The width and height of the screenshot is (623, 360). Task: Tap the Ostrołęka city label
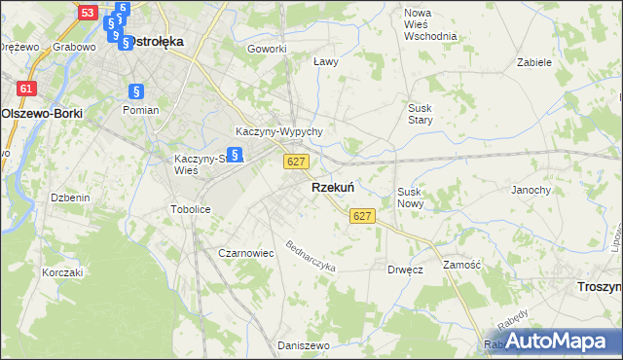coord(152,42)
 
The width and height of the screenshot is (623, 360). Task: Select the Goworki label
coord(267,49)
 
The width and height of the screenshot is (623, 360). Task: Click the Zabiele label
coord(534,61)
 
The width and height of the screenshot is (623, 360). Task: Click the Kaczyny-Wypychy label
coord(279,131)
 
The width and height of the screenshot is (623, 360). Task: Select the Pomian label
coord(140,110)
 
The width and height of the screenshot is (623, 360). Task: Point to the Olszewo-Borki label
coord(42,113)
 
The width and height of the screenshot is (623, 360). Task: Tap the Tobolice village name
coord(191,209)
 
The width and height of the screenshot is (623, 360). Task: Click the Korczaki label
coord(61,272)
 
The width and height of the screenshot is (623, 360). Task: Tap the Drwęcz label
coord(405,270)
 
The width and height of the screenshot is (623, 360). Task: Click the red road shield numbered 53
coord(89,13)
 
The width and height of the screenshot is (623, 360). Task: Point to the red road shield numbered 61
coord(26,89)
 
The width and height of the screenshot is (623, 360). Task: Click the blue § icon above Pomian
coord(136,91)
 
